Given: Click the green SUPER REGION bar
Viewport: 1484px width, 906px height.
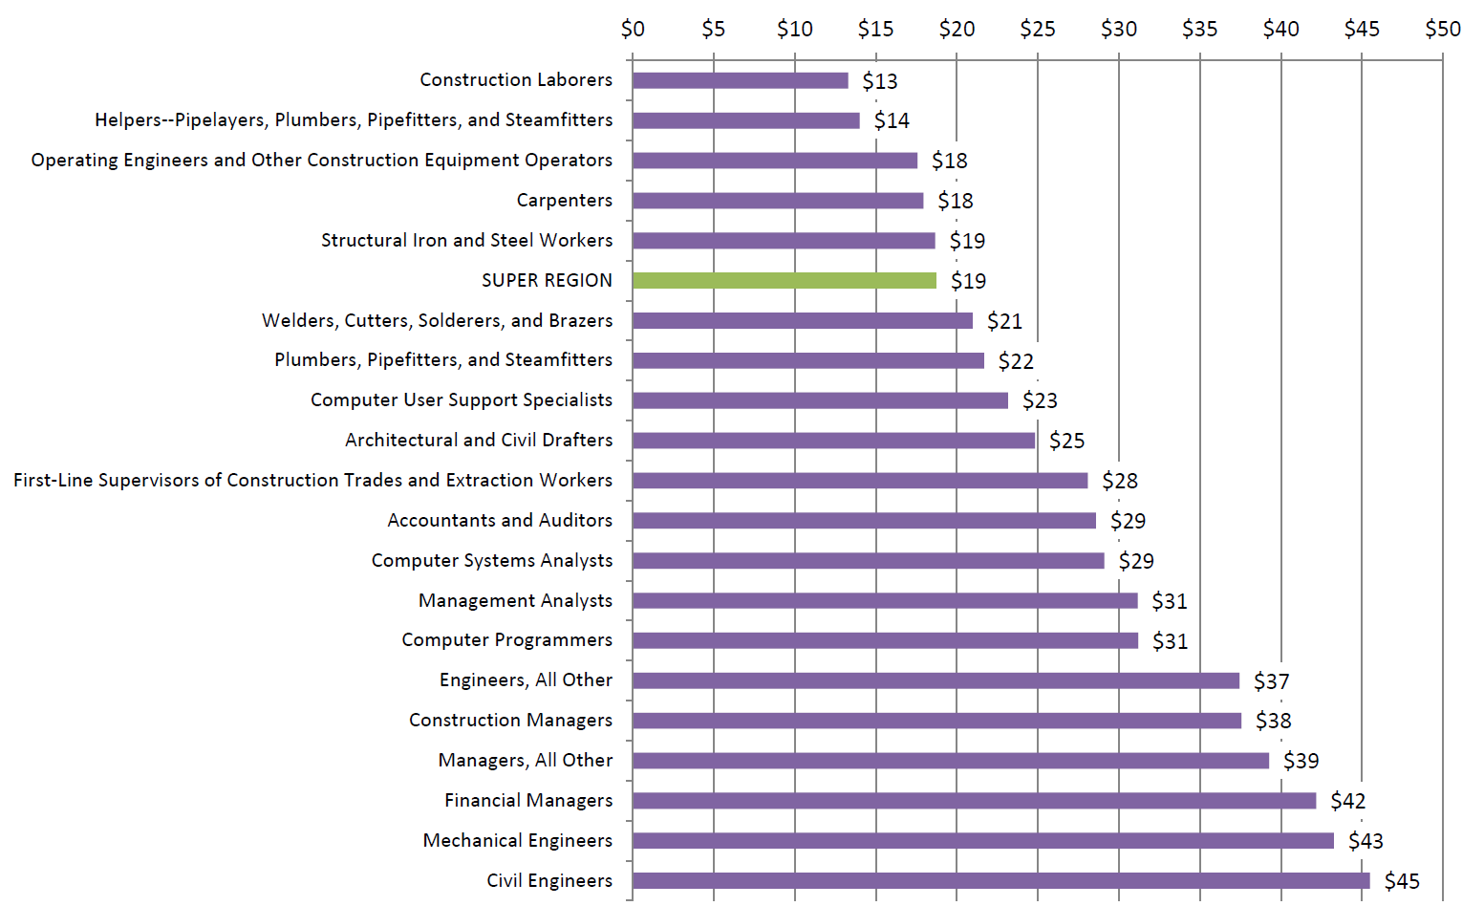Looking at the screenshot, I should click(x=784, y=280).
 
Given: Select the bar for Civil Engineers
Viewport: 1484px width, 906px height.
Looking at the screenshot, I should click(x=1000, y=880).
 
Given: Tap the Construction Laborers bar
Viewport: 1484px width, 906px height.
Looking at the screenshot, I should click(x=740, y=80).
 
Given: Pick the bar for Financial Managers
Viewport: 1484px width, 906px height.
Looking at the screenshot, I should click(x=974, y=800).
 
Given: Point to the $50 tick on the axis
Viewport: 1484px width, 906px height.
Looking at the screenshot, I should click(x=1443, y=29).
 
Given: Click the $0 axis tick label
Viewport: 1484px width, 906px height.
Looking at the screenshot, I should click(x=633, y=29).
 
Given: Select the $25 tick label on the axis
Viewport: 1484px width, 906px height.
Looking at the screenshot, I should click(x=1038, y=29).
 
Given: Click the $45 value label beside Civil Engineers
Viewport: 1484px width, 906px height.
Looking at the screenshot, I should click(x=1402, y=881).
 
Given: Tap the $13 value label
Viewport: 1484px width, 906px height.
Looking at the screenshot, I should click(x=880, y=81).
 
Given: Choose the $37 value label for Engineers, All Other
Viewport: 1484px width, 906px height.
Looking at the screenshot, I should click(x=1272, y=681).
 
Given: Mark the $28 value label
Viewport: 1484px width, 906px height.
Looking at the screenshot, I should click(x=1120, y=481).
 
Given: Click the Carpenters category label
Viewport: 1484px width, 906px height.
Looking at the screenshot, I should click(x=565, y=200).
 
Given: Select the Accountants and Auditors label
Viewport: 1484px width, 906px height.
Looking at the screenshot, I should click(x=500, y=520).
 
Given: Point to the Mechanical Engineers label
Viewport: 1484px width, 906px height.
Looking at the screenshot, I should click(x=518, y=840).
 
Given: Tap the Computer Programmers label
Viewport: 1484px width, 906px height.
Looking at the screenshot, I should click(x=506, y=639).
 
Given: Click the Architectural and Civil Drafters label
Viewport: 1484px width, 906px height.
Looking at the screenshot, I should click(x=479, y=440).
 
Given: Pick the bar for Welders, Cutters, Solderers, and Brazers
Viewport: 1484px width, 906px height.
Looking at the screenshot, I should click(x=802, y=320).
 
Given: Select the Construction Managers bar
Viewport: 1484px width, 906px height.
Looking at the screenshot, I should click(x=936, y=721).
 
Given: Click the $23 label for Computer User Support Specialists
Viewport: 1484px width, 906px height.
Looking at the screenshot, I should click(x=1040, y=400).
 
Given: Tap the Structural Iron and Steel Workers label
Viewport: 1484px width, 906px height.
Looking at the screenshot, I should click(x=466, y=240).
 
